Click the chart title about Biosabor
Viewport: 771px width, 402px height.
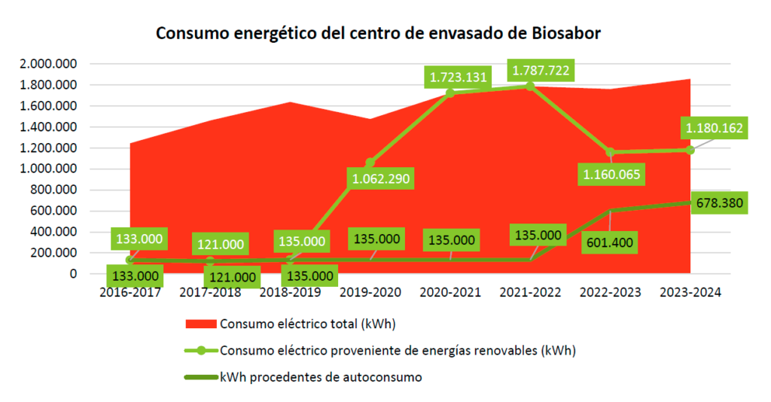coord(378,34)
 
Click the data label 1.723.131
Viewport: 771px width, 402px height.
coord(459,77)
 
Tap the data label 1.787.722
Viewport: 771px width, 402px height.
coord(540,72)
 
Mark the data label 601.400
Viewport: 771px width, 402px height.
coord(610,243)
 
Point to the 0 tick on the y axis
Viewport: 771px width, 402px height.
coord(73,274)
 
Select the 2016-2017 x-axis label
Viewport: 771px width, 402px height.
coord(130,293)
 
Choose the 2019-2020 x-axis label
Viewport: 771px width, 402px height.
coord(370,293)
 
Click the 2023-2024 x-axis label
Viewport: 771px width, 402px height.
coord(690,293)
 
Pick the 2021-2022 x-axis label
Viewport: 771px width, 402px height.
coord(531,293)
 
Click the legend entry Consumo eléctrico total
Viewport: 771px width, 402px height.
coord(307,324)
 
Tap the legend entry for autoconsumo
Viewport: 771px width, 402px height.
coord(321,377)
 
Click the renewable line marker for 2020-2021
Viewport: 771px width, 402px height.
coord(450,93)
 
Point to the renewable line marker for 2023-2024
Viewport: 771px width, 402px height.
coord(690,150)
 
